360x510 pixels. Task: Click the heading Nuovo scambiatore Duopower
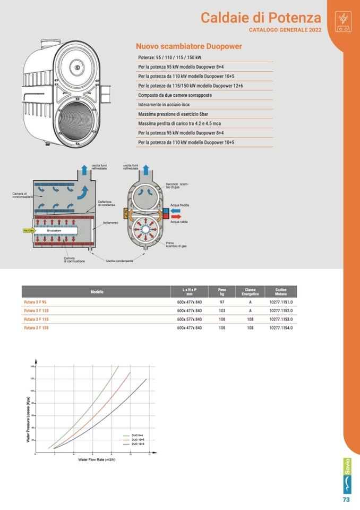pyautogui.click(x=188, y=46)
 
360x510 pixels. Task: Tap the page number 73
pyautogui.click(x=346, y=499)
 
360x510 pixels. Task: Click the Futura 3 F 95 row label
pyautogui.click(x=36, y=302)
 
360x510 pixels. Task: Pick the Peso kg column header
pyautogui.click(x=222, y=292)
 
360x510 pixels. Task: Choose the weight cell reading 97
pyautogui.click(x=222, y=302)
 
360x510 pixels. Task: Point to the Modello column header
pyautogui.click(x=97, y=292)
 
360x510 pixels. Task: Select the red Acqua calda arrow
pyautogui.click(x=176, y=216)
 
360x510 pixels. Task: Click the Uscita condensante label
pyautogui.click(x=119, y=261)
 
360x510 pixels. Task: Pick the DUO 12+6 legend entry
pyautogui.click(x=138, y=445)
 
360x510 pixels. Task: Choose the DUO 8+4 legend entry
pyautogui.click(x=138, y=435)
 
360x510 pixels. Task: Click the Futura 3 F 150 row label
pyautogui.click(x=37, y=328)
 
